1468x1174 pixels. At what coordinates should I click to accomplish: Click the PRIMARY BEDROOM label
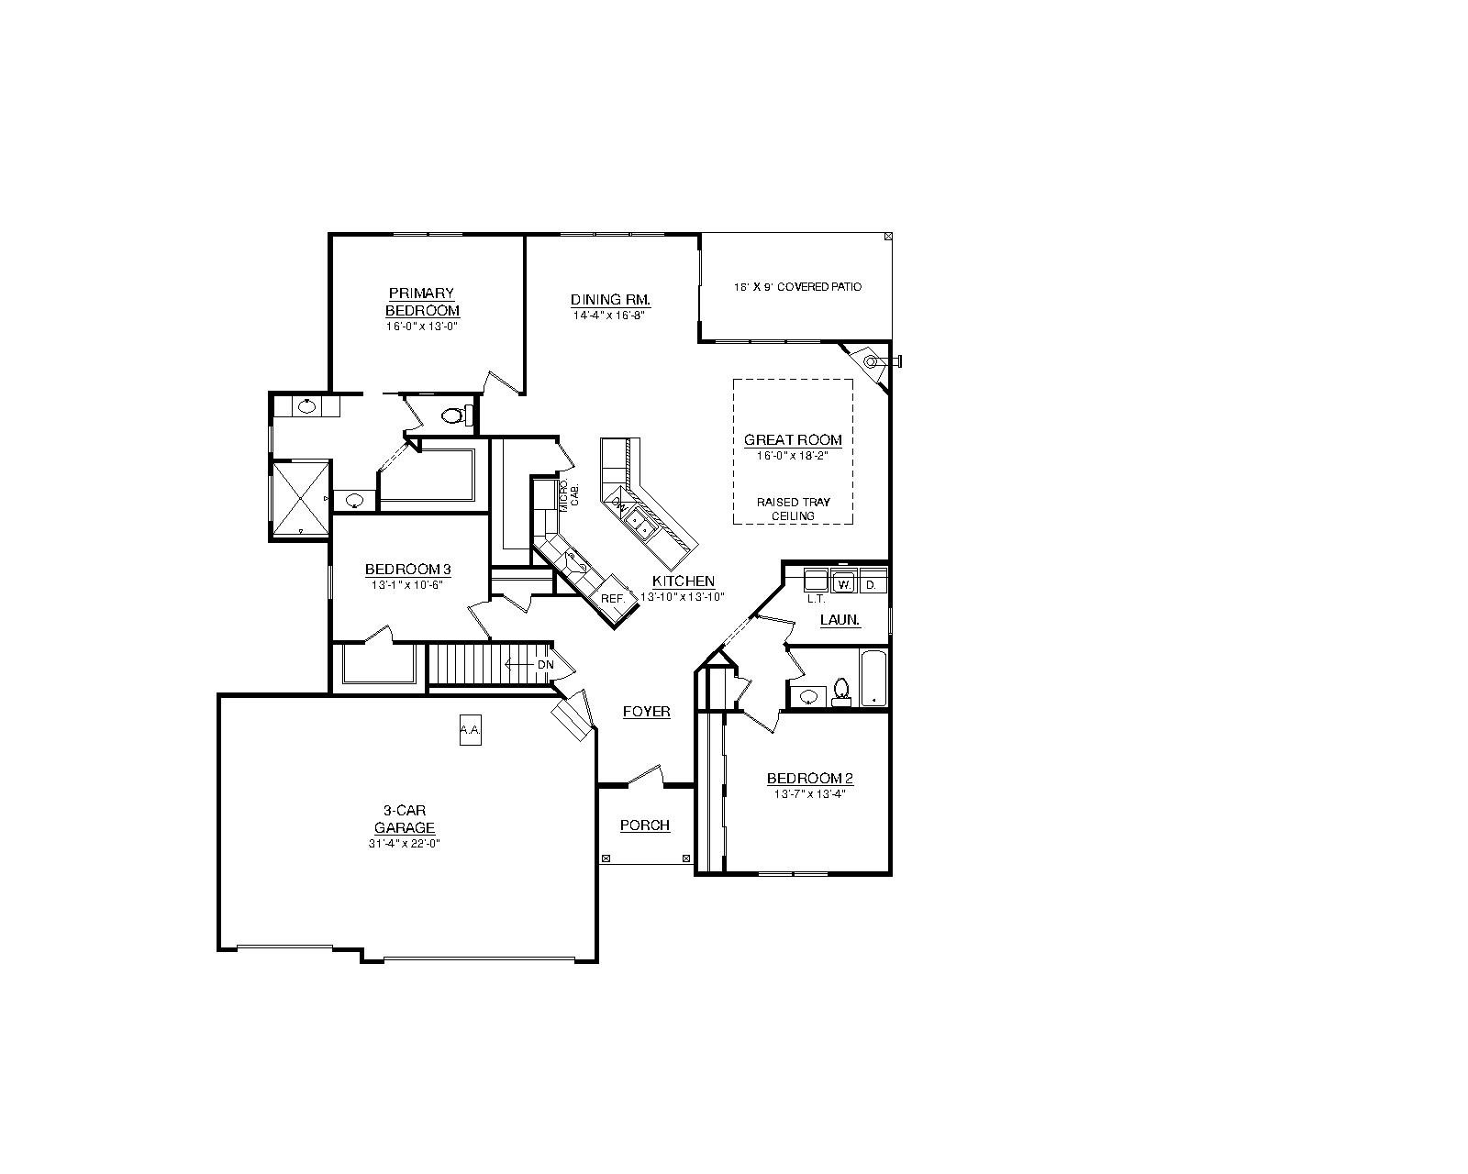pos(422,302)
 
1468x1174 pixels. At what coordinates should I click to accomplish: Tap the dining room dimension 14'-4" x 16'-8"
pos(609,316)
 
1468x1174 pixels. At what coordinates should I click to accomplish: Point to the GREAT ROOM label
pos(793,440)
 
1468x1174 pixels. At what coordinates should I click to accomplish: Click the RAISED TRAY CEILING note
pos(794,509)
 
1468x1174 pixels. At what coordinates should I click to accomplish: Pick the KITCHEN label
pos(683,581)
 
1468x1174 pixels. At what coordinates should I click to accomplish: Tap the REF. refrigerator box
pos(613,598)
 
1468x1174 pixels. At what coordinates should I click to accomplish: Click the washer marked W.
pos(844,584)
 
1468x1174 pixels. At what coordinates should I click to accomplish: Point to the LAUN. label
pos(840,620)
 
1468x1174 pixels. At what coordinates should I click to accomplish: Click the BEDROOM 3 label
pos(408,569)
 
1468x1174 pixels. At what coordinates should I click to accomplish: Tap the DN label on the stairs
pos(545,664)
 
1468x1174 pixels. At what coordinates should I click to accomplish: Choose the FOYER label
pos(647,712)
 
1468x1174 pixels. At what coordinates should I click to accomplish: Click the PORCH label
pos(645,825)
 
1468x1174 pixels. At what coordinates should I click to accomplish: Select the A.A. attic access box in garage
pos(470,729)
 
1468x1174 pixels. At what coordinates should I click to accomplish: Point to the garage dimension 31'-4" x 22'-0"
pos(405,844)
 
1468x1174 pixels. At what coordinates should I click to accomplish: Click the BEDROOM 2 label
pos(810,779)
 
